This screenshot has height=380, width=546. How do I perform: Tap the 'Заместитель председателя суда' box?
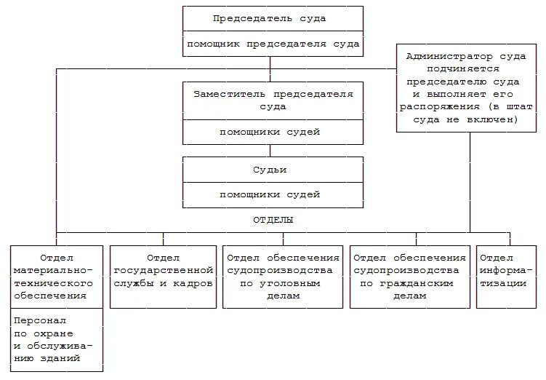click(x=272, y=100)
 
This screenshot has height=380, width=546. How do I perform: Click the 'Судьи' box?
click(x=272, y=170)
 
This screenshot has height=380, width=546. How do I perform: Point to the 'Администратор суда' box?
click(x=469, y=87)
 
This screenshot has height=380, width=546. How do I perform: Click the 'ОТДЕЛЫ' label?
click(x=273, y=219)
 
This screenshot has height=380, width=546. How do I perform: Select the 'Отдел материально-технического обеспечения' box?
click(x=57, y=277)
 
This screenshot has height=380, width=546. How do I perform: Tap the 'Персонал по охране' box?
click(x=57, y=339)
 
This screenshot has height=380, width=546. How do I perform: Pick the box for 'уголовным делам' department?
click(x=283, y=276)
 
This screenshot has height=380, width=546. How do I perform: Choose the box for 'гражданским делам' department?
click(x=409, y=276)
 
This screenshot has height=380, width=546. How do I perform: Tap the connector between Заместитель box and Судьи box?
click(x=270, y=151)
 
